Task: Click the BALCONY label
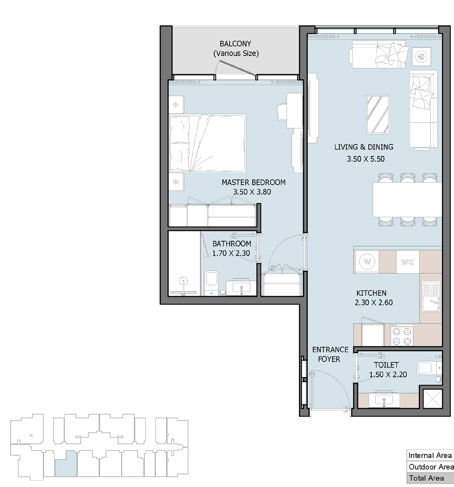coord(235,44)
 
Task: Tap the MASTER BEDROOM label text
coord(254,182)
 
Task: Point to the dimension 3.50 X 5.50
coord(366,159)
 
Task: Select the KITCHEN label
coord(372,293)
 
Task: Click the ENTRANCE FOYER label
coord(330,355)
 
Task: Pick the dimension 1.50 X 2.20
coord(388,375)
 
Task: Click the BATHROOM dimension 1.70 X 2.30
coord(231,253)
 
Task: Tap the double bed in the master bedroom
coord(207,143)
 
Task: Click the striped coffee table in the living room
coord(378,114)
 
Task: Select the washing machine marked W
coord(367,262)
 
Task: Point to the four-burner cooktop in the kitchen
coord(402,336)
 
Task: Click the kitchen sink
coord(431,296)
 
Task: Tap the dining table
coord(407,200)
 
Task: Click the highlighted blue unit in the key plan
coord(66,464)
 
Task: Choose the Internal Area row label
coord(430,456)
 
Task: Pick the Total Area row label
coord(426,478)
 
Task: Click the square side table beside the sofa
coord(421,56)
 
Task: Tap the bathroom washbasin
coord(241,287)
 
